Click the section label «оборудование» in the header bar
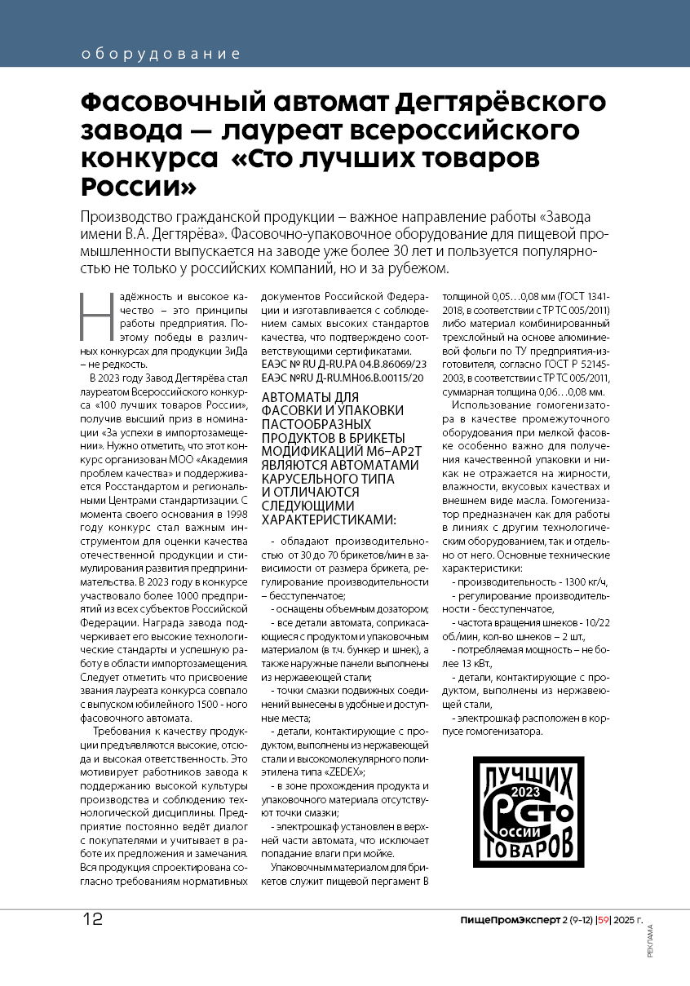coord(161,55)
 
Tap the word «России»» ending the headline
coord(139,186)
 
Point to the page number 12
coord(92,918)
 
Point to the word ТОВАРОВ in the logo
coord(529,846)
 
